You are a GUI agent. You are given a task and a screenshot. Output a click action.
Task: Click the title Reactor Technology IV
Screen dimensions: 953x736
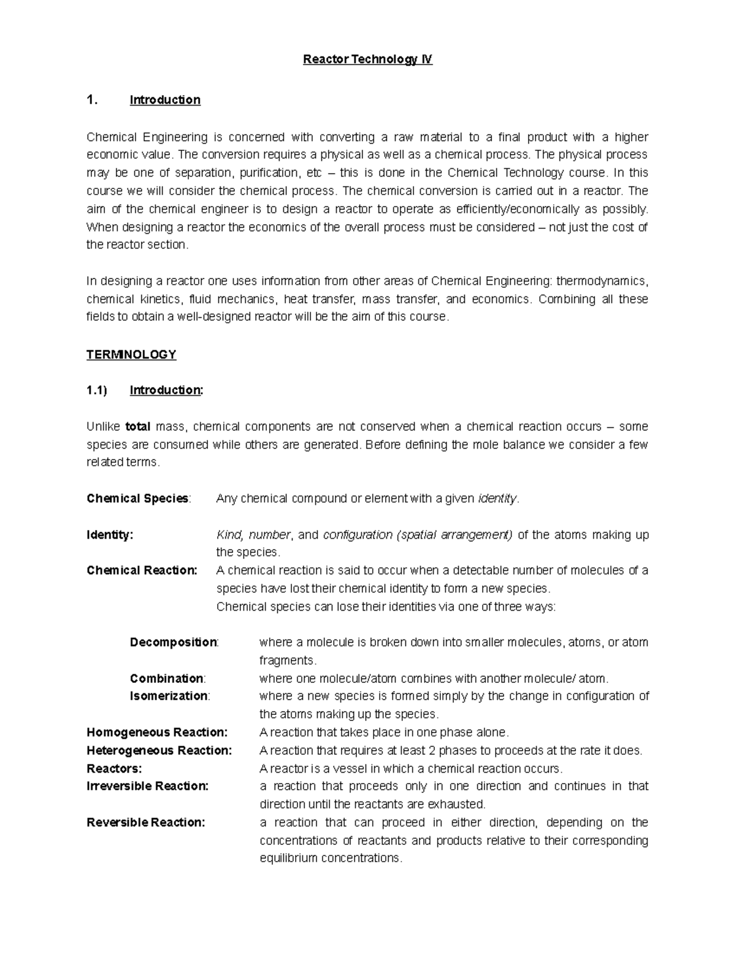click(368, 60)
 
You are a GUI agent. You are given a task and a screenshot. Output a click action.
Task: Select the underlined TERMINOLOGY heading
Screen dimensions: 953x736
click(131, 355)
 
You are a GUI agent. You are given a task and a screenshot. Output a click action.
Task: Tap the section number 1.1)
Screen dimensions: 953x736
click(97, 390)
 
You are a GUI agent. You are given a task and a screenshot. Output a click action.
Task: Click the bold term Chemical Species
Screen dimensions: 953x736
click(138, 498)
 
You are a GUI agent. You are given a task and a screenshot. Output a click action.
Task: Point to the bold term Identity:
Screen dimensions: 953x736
click(110, 534)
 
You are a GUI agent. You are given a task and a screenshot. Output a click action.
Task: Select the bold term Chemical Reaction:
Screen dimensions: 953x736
click(142, 570)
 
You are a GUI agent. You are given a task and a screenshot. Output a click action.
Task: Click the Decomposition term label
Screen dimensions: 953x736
click(174, 642)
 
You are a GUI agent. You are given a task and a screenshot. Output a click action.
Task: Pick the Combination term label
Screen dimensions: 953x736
click(167, 679)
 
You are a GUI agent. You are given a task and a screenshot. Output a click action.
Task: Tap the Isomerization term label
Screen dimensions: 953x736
click(169, 696)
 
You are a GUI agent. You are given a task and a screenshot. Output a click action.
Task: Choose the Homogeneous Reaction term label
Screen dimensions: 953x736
click(157, 732)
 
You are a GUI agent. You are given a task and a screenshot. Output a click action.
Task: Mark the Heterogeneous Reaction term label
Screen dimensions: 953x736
click(159, 750)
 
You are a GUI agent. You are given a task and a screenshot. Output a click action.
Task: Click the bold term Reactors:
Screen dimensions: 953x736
click(114, 768)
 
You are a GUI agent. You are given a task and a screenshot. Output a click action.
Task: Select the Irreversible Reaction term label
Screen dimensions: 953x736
click(148, 786)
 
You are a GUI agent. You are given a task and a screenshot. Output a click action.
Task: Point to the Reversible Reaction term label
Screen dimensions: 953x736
click(146, 822)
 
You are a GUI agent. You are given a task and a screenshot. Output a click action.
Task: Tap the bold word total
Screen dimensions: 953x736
click(138, 426)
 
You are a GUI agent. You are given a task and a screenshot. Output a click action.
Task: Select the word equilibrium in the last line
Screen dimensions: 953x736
click(286, 858)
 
